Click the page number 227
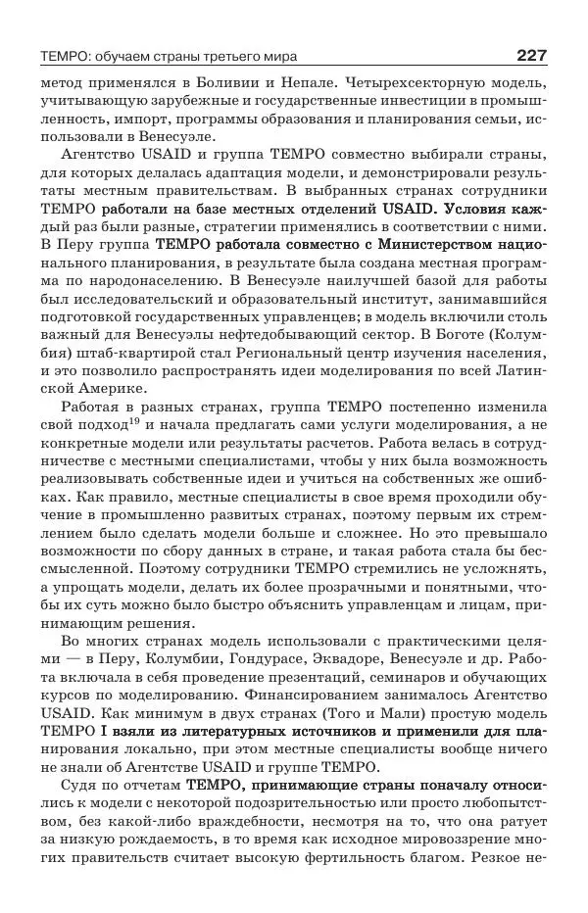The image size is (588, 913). coord(527,55)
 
